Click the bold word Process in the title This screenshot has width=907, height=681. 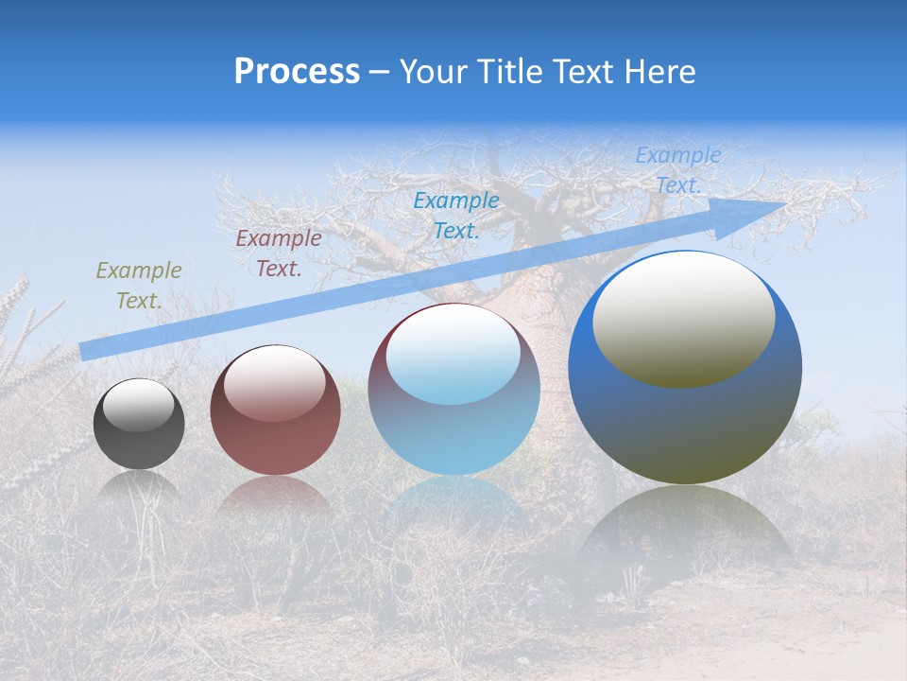(297, 72)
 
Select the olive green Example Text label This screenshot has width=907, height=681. (139, 286)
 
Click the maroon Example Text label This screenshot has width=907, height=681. (278, 253)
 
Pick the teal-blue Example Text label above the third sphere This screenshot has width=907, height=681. (455, 215)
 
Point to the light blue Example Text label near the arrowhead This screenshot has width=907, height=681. (677, 170)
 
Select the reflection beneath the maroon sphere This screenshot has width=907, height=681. (275, 497)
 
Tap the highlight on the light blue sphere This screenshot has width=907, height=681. (453, 358)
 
